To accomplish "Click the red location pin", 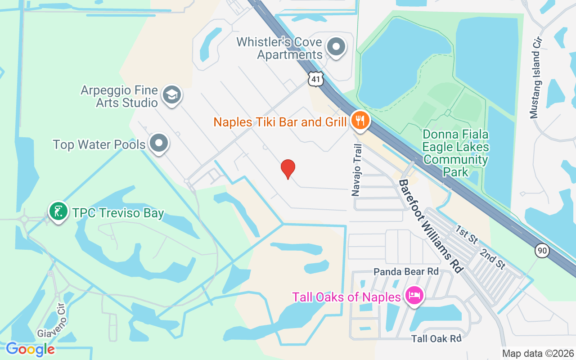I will coord(288,169).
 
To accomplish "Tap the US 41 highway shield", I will coord(315,79).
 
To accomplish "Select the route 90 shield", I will coord(542,251).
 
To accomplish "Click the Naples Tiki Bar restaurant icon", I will coord(360,121).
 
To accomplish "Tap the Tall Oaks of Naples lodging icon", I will coord(413,297).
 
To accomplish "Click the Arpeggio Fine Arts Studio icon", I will coord(171,95).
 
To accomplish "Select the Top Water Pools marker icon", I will coord(158,144).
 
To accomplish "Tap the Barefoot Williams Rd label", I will coord(431,226).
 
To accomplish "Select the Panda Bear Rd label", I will coord(406,272).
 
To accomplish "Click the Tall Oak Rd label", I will coord(436,338).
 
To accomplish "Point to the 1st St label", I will coord(466,235).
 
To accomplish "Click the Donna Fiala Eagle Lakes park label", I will coord(455,153).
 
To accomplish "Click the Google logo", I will coord(30,349).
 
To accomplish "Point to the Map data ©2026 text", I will coord(538,353).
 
